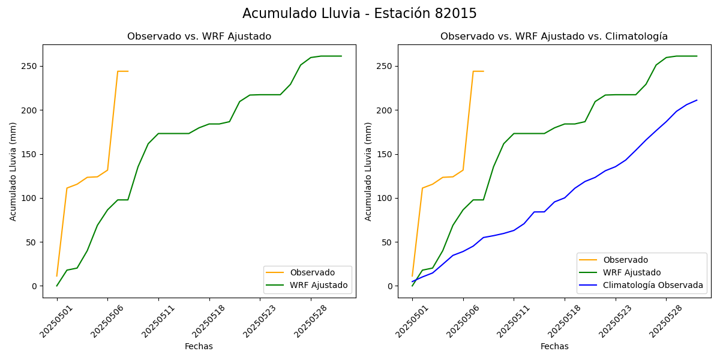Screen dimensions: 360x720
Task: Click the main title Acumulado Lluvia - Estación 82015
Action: point(359,14)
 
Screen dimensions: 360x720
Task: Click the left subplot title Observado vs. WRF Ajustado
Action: point(199,37)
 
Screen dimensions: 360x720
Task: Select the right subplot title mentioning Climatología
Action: point(554,37)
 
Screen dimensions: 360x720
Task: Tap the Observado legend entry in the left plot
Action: point(311,272)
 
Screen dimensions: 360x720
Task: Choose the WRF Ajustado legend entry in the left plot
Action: point(319,285)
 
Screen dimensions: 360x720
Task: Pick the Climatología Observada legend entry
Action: point(653,285)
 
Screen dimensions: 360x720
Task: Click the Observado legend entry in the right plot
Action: point(625,260)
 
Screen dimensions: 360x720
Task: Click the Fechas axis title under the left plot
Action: point(199,346)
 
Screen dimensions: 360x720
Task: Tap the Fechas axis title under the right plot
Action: point(554,346)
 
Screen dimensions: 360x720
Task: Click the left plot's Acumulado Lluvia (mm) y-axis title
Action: point(13,171)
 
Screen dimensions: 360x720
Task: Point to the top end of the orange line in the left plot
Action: point(119,71)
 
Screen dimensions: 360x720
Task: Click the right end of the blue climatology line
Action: point(697,100)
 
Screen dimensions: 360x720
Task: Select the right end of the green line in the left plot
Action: point(341,56)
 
